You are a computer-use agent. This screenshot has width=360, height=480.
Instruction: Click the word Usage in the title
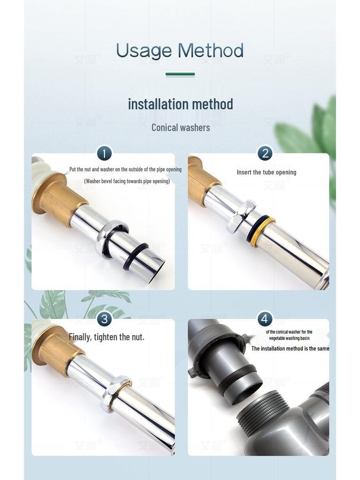click(143, 51)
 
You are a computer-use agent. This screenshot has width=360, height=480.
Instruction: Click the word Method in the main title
click(210, 50)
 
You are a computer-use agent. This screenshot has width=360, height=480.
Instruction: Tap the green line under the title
click(180, 74)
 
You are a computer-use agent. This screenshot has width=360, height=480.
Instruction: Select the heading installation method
click(180, 104)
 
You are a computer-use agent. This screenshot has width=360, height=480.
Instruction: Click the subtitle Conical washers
click(180, 127)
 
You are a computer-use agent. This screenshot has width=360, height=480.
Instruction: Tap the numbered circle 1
click(105, 153)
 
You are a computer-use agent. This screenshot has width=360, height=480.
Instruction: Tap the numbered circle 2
click(265, 153)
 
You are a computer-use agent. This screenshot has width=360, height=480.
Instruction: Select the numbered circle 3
click(105, 319)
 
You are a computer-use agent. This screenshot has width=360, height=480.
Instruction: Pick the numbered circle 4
click(265, 319)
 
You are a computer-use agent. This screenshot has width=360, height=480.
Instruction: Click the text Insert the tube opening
click(266, 172)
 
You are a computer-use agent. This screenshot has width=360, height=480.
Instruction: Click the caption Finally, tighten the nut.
click(106, 337)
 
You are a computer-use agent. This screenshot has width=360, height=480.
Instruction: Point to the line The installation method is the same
click(290, 348)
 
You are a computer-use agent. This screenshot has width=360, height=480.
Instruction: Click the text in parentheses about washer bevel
click(127, 181)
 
